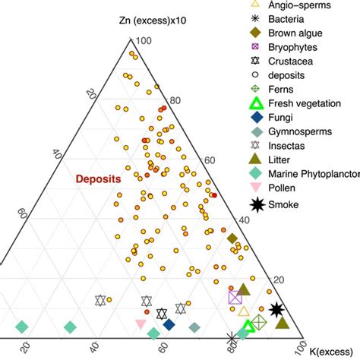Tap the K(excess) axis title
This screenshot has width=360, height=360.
pyautogui.click(x=331, y=350)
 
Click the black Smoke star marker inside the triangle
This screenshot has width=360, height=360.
pyautogui.click(x=277, y=309)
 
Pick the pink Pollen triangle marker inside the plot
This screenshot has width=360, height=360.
pyautogui.click(x=141, y=325)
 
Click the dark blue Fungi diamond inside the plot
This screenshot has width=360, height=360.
pyautogui.click(x=169, y=325)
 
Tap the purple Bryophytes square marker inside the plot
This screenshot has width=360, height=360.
pyautogui.click(x=235, y=298)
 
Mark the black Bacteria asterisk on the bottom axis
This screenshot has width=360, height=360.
pyautogui.click(x=233, y=339)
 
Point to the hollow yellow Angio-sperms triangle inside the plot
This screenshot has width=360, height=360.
pyautogui.click(x=244, y=311)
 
